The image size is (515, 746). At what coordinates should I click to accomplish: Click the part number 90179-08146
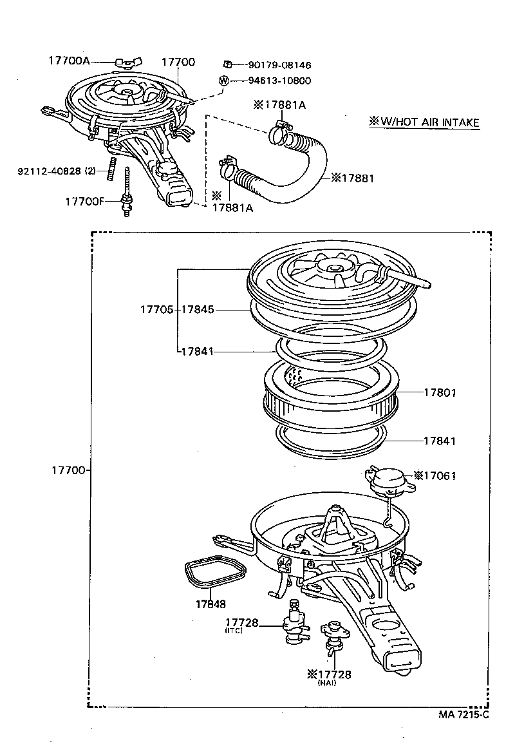(279, 65)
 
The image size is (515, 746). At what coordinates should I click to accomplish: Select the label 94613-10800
(279, 81)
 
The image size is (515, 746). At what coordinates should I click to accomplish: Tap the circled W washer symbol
(223, 81)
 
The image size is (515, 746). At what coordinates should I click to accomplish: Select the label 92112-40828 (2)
(59, 171)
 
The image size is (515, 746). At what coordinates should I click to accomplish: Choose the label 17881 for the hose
(352, 178)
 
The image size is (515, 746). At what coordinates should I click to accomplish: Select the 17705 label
(156, 310)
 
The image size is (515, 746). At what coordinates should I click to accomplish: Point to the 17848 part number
(211, 604)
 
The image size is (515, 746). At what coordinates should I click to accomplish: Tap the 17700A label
(69, 61)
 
